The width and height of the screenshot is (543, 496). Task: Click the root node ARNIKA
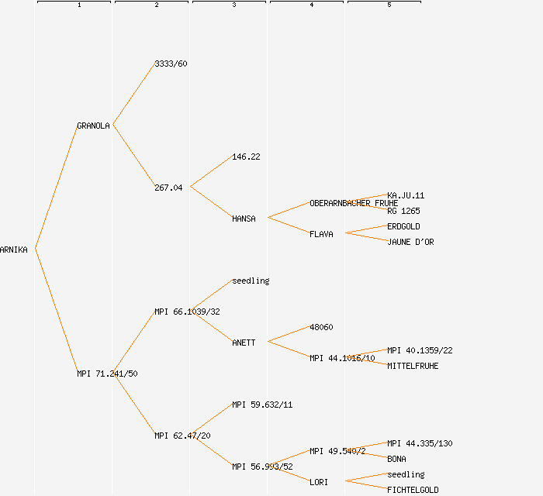click(x=14, y=250)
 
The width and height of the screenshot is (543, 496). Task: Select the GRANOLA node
click(x=93, y=126)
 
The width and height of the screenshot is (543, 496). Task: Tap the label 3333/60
click(x=171, y=64)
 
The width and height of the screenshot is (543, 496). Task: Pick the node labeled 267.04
click(x=168, y=188)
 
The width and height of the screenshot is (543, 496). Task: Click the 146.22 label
click(x=246, y=157)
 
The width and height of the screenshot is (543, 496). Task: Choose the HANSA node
click(x=244, y=219)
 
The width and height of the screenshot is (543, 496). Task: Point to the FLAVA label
click(x=321, y=234)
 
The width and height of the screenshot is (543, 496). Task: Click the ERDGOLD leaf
click(x=403, y=226)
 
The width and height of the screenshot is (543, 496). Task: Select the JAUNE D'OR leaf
click(x=410, y=242)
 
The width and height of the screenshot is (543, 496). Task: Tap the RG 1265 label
click(x=403, y=211)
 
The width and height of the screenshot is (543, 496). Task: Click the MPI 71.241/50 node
click(x=107, y=374)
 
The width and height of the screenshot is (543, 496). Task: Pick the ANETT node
click(x=244, y=343)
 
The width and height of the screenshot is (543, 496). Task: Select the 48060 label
click(x=321, y=327)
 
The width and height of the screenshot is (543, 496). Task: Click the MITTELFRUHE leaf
click(x=413, y=366)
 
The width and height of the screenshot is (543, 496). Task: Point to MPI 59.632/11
click(x=262, y=405)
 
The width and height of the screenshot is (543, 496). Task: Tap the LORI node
click(x=319, y=482)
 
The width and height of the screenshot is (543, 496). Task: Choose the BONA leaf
click(x=396, y=459)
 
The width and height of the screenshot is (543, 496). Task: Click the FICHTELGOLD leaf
click(x=413, y=490)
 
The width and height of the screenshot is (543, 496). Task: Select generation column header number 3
click(x=233, y=5)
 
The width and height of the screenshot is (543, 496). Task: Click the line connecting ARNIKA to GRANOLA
click(x=56, y=187)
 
